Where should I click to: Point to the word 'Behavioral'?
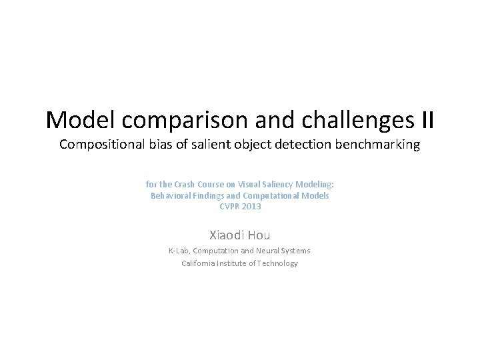pos(171,196)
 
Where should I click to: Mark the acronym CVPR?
pos(229,207)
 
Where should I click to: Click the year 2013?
pos(251,207)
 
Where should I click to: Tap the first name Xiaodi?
pos(227,235)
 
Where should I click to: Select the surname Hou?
pos(259,235)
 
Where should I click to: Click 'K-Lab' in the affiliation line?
pos(178,251)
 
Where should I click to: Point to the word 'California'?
pos(199,263)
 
